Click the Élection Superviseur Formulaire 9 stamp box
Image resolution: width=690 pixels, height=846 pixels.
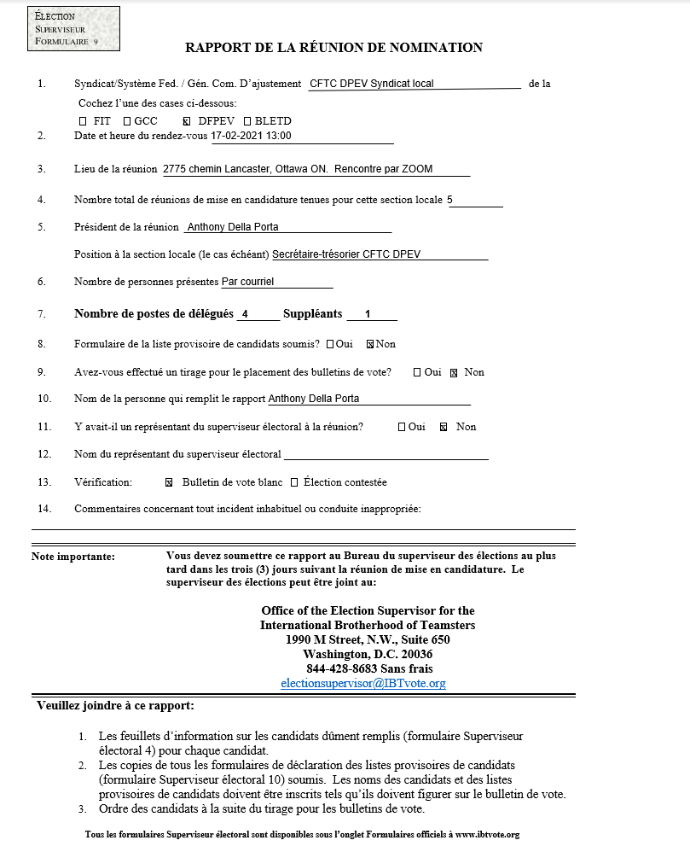coord(73,29)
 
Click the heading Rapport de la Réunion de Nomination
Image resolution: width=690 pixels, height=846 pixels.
coord(334,48)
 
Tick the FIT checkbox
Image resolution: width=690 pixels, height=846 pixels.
coord(83,121)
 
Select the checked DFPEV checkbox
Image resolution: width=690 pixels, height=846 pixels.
coord(187,121)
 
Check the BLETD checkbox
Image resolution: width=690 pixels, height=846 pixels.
coord(247,121)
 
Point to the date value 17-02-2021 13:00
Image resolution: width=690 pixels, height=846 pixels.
coord(252,136)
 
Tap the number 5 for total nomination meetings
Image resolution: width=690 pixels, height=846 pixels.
coord(450,200)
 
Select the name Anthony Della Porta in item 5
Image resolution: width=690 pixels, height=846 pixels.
coord(232,227)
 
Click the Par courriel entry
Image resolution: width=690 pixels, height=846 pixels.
coord(247,282)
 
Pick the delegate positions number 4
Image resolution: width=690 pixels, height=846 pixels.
coord(245,314)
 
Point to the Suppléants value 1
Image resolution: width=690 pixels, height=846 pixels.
coord(368,314)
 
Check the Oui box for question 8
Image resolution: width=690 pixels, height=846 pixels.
coord(330,345)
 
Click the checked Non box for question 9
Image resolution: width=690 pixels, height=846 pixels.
coord(454,372)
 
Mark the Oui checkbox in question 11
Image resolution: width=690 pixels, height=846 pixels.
coord(402,427)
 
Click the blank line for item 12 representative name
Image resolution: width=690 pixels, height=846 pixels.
coord(386,454)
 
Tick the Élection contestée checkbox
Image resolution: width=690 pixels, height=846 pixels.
coord(294,483)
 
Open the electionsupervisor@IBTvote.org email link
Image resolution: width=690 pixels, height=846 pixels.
coord(363,684)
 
